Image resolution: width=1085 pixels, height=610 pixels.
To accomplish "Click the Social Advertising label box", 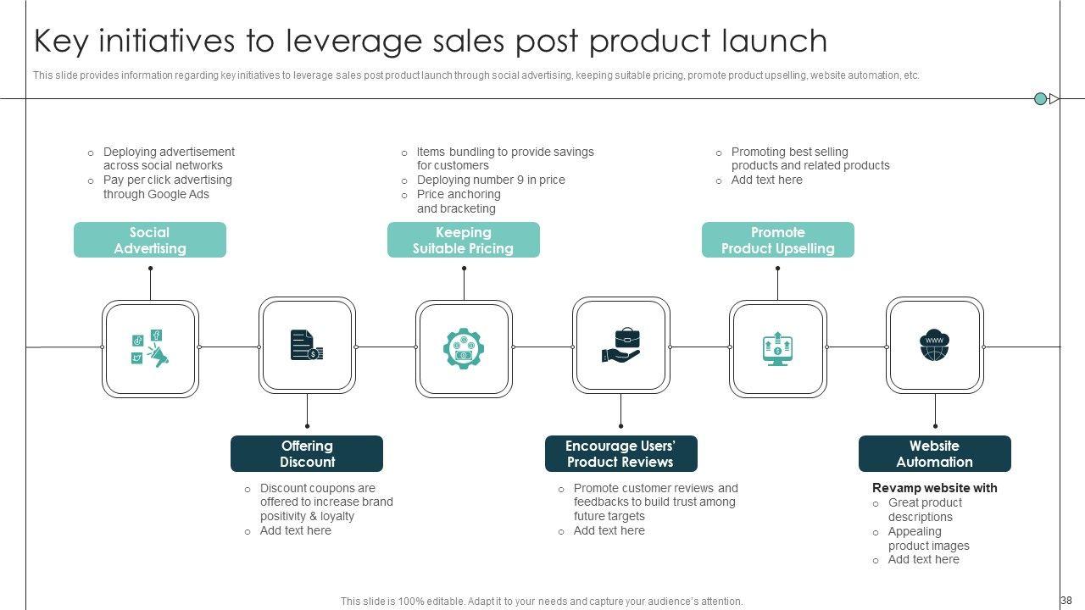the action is tap(150, 240).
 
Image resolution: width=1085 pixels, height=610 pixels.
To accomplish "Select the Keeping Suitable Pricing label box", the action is tap(463, 240).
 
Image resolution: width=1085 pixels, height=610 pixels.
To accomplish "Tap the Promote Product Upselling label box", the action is tap(777, 240).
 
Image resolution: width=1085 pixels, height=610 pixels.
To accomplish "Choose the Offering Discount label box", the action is tap(307, 453).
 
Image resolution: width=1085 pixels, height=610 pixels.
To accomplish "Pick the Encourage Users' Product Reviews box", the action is tap(620, 453).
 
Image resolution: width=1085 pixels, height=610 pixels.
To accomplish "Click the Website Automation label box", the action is tap(934, 453).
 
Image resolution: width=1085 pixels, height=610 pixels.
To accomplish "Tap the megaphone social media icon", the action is tap(150, 347).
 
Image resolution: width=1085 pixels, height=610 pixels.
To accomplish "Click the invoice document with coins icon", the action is tap(306, 346).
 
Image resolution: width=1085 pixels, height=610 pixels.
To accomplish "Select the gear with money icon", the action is tap(463, 348).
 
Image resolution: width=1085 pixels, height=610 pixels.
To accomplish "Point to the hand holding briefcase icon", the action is tap(620, 347).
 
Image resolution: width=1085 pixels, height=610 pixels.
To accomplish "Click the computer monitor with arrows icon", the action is tap(777, 348).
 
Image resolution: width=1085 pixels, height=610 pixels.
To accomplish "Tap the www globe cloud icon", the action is tap(934, 346).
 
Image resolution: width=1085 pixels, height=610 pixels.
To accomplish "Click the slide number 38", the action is tap(1066, 601).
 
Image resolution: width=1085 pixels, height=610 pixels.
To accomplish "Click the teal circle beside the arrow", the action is tap(1040, 99).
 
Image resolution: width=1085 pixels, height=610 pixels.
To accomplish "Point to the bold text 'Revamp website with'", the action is tap(934, 488).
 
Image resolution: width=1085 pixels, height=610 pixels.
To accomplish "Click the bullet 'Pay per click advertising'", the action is tap(167, 180).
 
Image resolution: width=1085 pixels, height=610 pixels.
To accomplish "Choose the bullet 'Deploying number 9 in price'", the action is tap(490, 180).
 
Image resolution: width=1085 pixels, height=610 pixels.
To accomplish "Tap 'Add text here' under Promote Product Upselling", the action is tap(766, 180).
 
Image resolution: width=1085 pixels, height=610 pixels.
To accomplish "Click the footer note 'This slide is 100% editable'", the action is tap(542, 602).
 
